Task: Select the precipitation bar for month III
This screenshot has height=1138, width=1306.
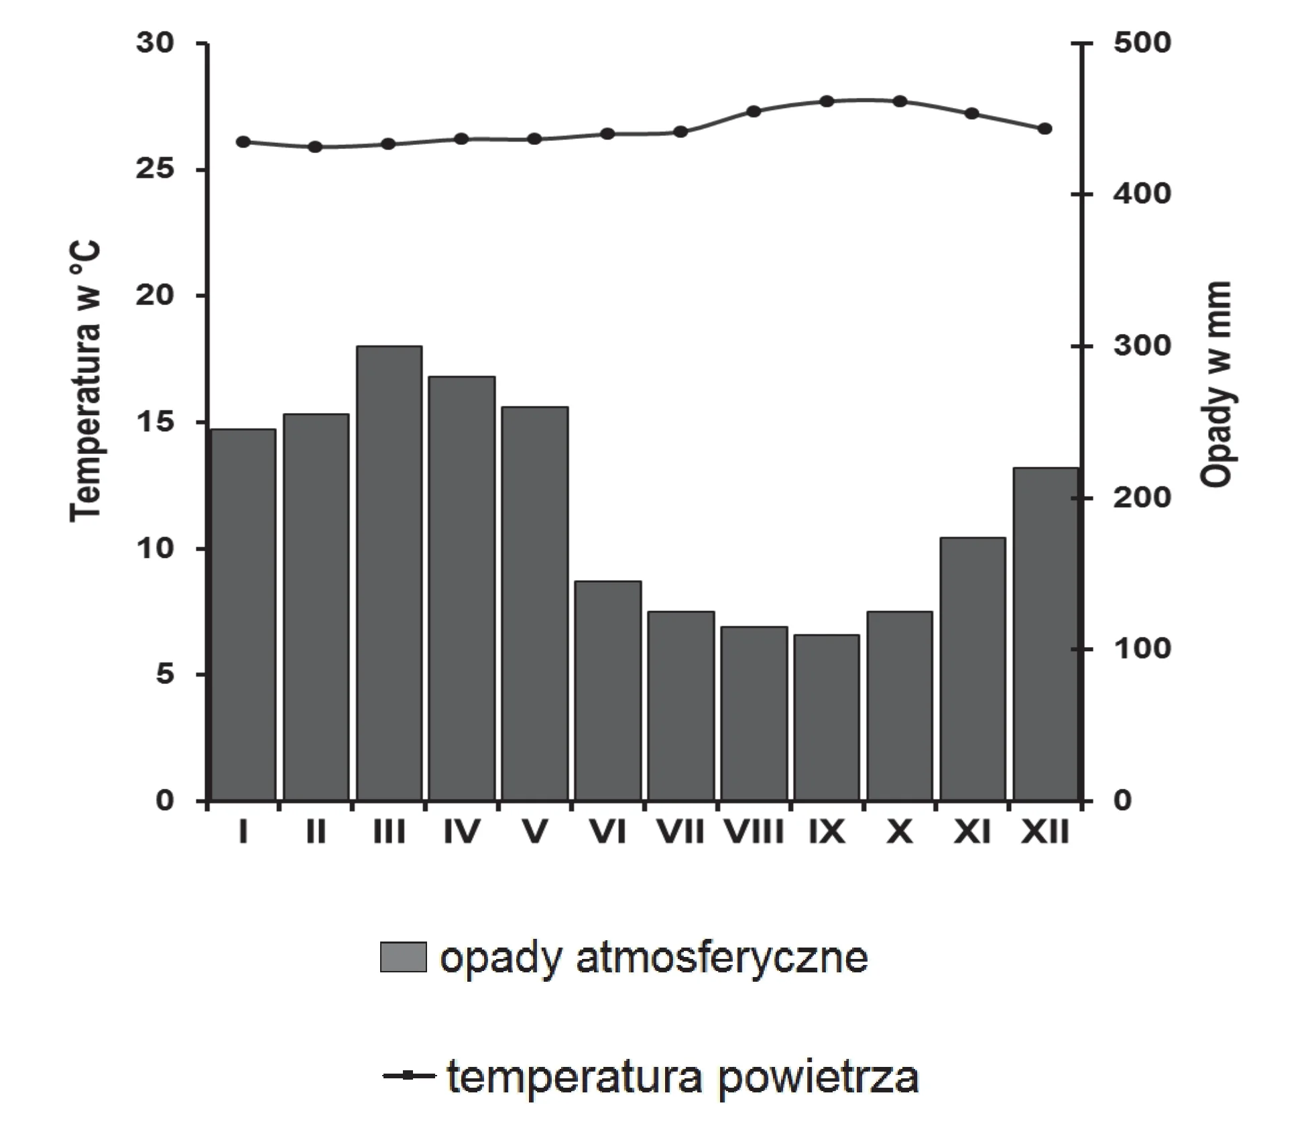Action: click(x=389, y=573)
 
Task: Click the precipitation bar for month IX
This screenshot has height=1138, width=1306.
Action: click(x=827, y=718)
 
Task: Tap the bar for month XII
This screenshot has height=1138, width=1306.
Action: click(x=1046, y=634)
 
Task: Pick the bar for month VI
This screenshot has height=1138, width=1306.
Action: click(x=608, y=691)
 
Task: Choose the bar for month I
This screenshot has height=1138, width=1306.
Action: click(x=243, y=615)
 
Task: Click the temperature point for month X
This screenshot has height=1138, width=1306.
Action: click(x=900, y=101)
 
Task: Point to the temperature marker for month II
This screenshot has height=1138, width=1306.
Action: click(x=316, y=147)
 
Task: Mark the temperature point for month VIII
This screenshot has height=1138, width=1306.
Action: click(x=754, y=111)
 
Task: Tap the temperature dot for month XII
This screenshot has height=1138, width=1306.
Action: click(x=1045, y=129)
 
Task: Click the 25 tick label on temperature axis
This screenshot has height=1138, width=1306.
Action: click(x=155, y=169)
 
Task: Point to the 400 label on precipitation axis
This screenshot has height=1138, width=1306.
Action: click(x=1142, y=194)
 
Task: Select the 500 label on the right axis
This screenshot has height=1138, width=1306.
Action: click(x=1142, y=43)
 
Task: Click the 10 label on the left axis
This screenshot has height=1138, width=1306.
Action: click(x=155, y=549)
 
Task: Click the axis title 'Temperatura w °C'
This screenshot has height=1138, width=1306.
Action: click(x=86, y=381)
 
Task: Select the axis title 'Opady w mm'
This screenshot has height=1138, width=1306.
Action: click(x=1217, y=384)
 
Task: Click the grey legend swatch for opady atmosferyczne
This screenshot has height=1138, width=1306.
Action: click(x=403, y=957)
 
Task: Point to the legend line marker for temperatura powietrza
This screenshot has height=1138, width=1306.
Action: click(x=408, y=1076)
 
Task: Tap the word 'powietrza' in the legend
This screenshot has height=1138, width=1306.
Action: click(x=818, y=1078)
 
